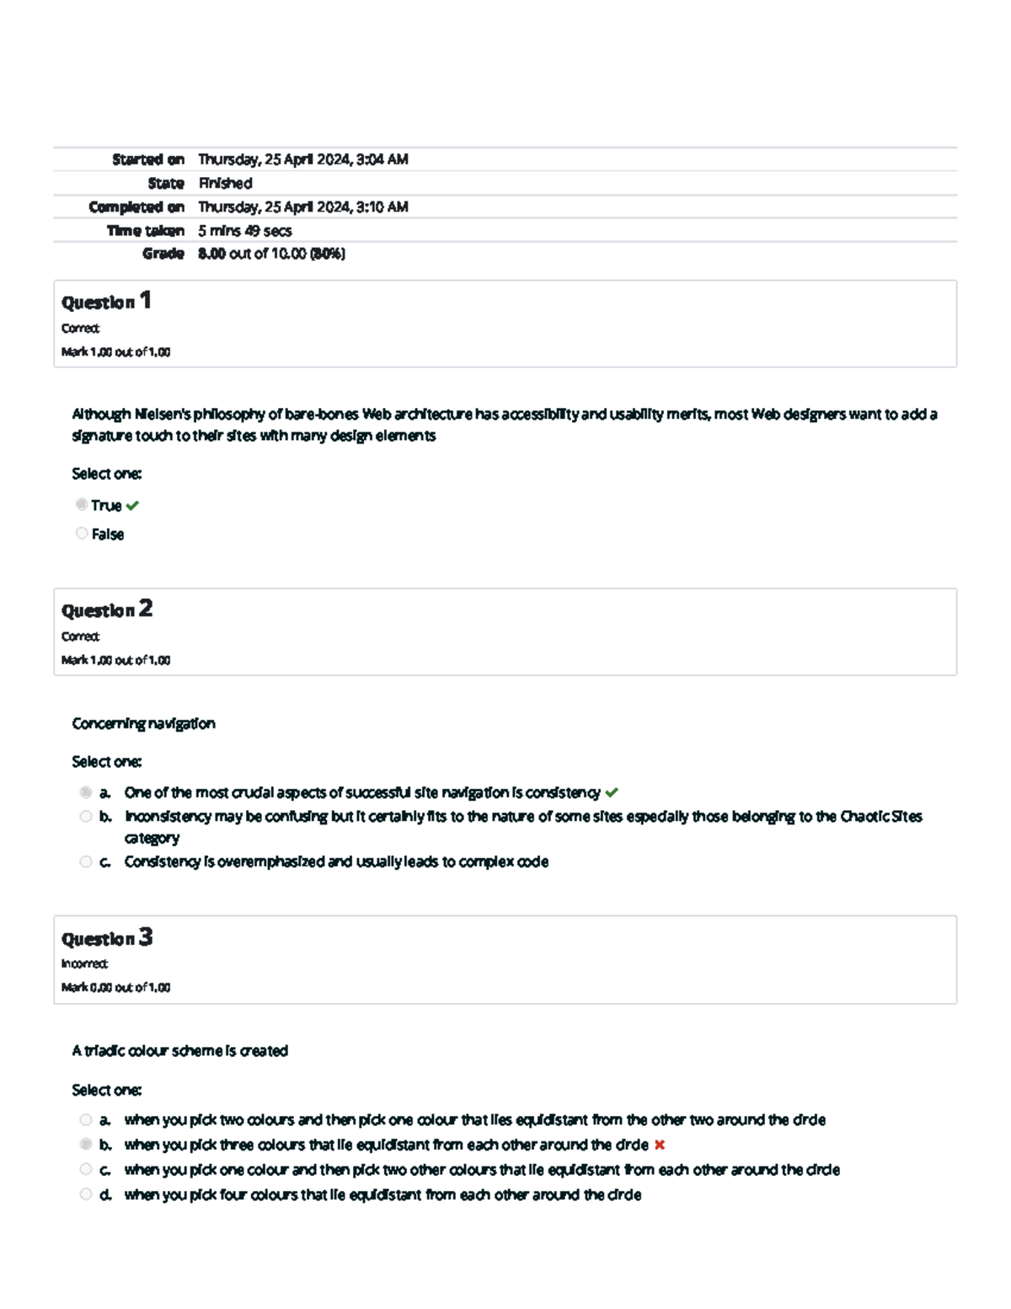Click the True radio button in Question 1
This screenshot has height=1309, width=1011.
pyautogui.click(x=82, y=505)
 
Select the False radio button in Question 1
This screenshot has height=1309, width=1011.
pyautogui.click(x=82, y=534)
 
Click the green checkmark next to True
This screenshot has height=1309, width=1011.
pyautogui.click(x=132, y=506)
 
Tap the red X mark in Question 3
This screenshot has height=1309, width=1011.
pyautogui.click(x=660, y=1145)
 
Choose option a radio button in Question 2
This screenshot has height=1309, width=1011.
pyautogui.click(x=86, y=792)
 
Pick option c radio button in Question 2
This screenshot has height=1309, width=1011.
pyautogui.click(x=86, y=861)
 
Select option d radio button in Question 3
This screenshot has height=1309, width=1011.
pyautogui.click(x=86, y=1194)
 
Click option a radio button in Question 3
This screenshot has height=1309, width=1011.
pyautogui.click(x=86, y=1120)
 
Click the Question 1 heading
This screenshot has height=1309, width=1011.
pyautogui.click(x=106, y=301)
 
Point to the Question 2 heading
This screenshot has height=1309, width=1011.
pyautogui.click(x=106, y=609)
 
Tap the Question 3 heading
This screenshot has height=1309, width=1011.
pyautogui.click(x=106, y=938)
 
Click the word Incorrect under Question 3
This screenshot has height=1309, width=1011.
pyautogui.click(x=84, y=963)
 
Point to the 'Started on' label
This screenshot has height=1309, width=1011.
pyautogui.click(x=148, y=159)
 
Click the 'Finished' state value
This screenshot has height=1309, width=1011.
pyautogui.click(x=225, y=183)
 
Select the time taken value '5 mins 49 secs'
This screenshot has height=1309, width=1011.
pyautogui.click(x=245, y=230)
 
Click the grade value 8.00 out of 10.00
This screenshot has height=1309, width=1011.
pyautogui.click(x=271, y=254)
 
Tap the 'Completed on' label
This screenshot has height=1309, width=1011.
pyautogui.click(x=136, y=207)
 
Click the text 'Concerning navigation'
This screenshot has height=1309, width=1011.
pyautogui.click(x=143, y=723)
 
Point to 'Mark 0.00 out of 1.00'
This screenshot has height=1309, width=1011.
pyautogui.click(x=115, y=987)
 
